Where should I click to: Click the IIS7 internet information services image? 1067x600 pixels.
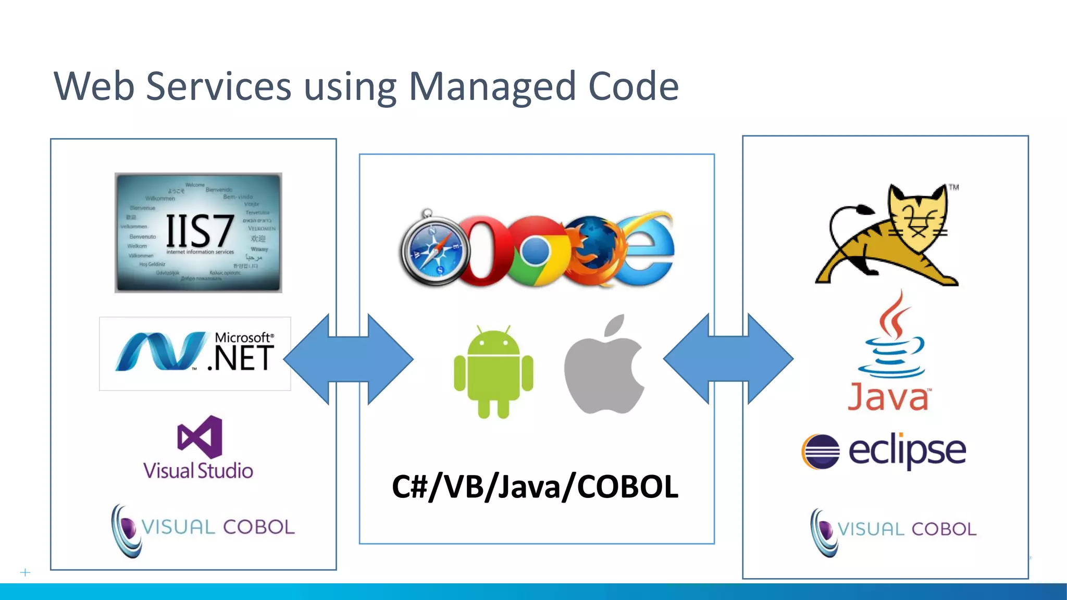click(198, 233)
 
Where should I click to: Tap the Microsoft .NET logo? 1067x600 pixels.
click(195, 354)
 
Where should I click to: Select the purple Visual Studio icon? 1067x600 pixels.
click(200, 436)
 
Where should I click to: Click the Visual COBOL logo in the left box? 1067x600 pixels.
click(203, 529)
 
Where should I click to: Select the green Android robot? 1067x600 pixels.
click(493, 371)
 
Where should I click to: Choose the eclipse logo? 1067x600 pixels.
click(884, 451)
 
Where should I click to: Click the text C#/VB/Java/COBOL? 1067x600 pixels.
click(535, 487)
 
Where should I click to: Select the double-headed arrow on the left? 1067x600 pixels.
click(349, 359)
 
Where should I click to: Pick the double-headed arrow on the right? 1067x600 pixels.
click(728, 359)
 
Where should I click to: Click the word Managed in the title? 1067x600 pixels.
click(492, 86)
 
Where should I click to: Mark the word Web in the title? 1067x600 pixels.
click(94, 86)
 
